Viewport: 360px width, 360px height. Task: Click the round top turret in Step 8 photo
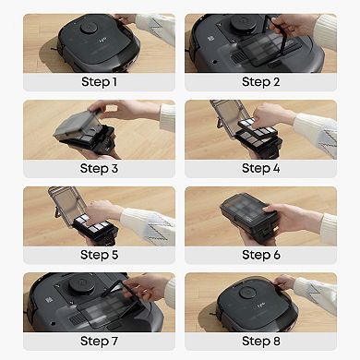pyautogui.click(x=247, y=293)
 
